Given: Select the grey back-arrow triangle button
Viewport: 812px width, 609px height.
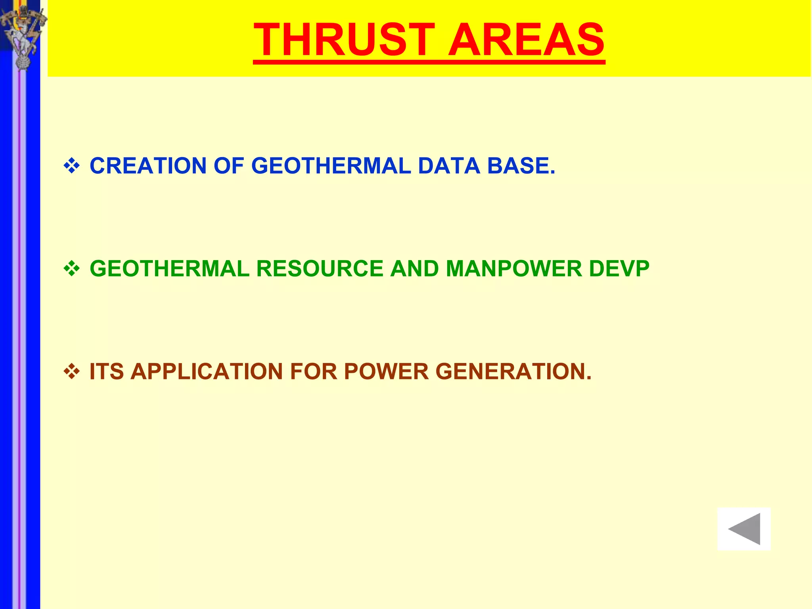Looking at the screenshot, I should click(x=744, y=529).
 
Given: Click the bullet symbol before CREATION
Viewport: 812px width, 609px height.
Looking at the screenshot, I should click(x=72, y=166).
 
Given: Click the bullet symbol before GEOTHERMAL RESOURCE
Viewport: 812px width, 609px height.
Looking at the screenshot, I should click(x=72, y=269).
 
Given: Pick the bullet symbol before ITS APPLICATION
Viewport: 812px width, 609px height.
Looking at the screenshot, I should click(x=72, y=372).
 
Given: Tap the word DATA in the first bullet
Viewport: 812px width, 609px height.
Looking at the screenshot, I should click(x=449, y=166).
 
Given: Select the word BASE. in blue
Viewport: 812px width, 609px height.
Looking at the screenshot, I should click(x=521, y=166).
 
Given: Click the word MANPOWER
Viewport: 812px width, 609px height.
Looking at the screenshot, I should click(x=514, y=269).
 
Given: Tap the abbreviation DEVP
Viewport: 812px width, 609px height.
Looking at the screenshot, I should click(x=619, y=269).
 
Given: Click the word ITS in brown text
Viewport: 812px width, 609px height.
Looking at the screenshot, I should click(x=107, y=372).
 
